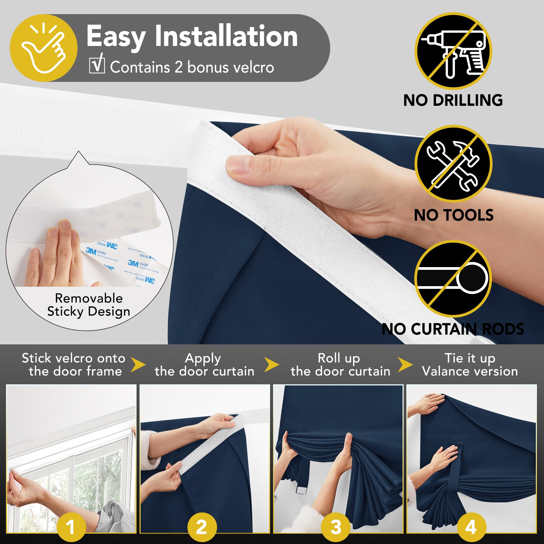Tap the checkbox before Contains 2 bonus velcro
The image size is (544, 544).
tap(97, 65)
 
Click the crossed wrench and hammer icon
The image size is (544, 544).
tap(453, 164)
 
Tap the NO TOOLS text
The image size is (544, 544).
tap(453, 215)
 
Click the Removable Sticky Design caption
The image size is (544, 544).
tap(89, 305)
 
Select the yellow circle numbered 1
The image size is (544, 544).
tap(71, 527)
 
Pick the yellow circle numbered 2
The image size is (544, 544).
tap(202, 527)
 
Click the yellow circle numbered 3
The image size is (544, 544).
tap(336, 527)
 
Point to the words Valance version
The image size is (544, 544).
tap(470, 371)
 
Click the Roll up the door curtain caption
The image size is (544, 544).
tap(340, 365)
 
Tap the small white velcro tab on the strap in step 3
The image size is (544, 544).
tap(301, 490)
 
